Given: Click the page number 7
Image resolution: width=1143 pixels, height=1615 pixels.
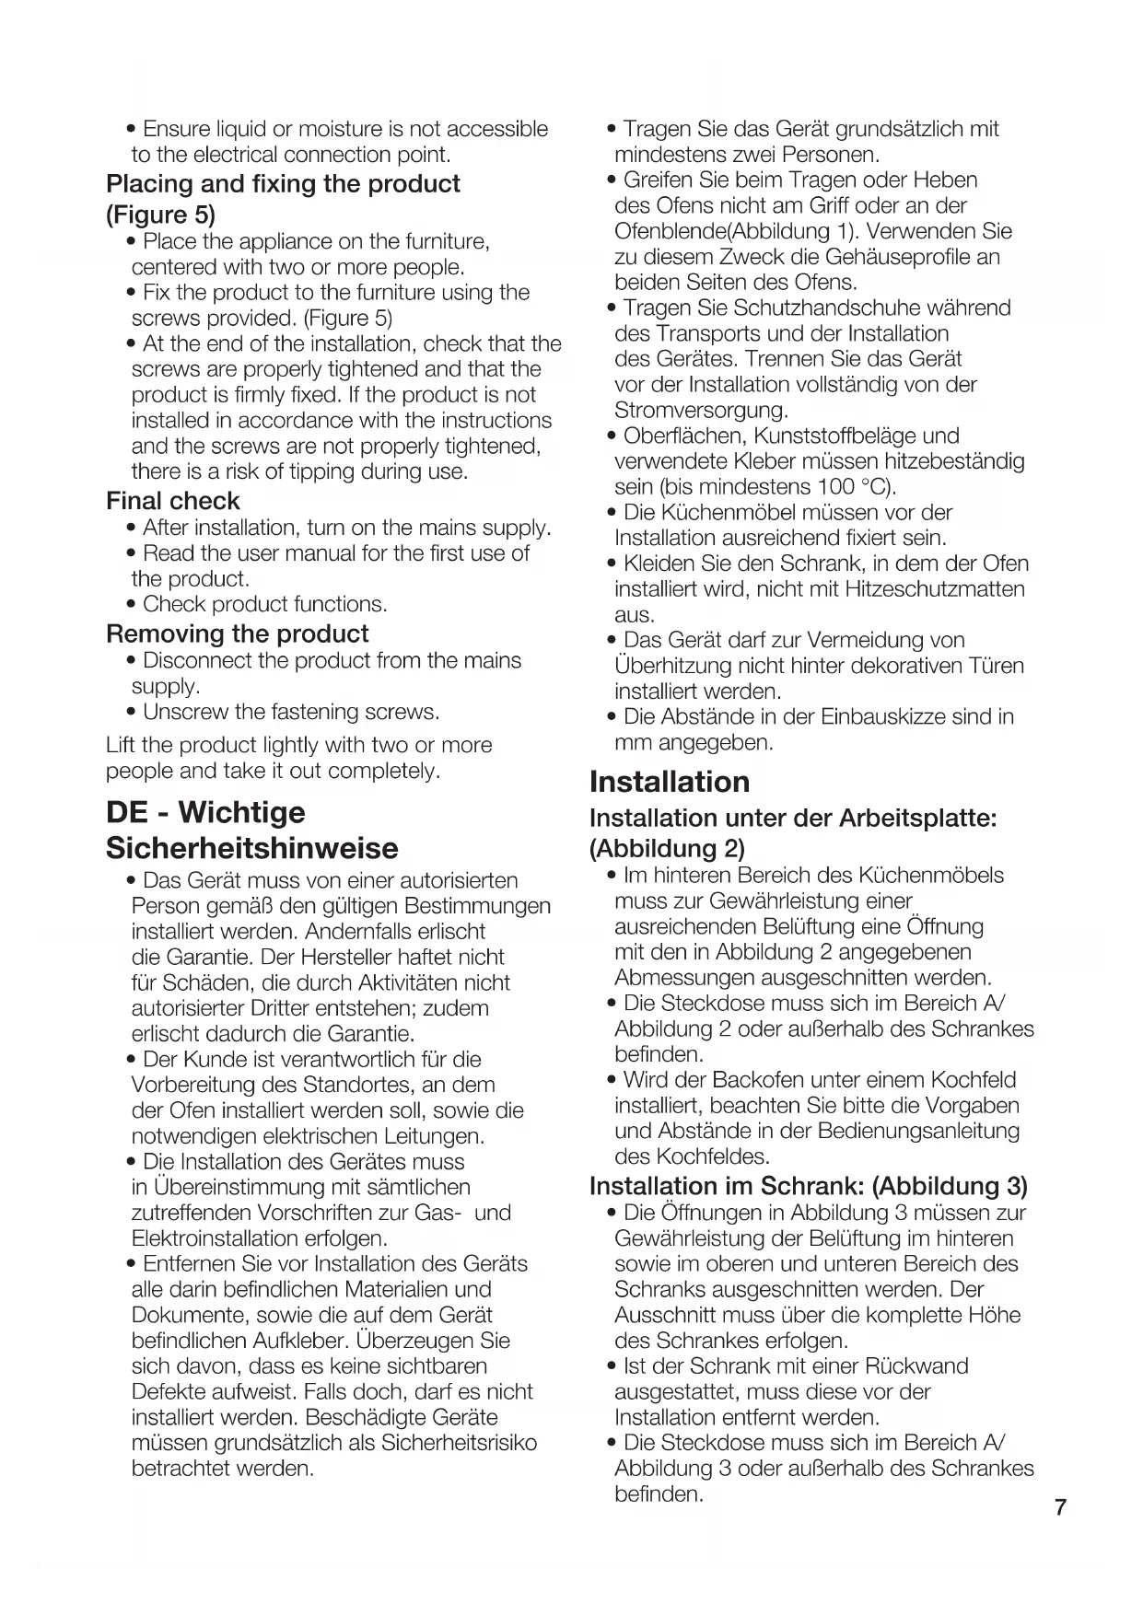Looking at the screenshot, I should pyautogui.click(x=1060, y=1507).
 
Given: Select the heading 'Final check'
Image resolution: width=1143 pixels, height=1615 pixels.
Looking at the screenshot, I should pyautogui.click(x=172, y=501).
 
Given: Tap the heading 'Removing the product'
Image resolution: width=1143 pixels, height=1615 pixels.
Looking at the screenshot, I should pyautogui.click(x=237, y=633).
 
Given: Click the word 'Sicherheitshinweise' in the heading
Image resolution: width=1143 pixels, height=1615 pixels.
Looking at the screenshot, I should pyautogui.click(x=251, y=848).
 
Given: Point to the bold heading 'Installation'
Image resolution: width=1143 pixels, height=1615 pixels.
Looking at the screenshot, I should pyautogui.click(x=669, y=782).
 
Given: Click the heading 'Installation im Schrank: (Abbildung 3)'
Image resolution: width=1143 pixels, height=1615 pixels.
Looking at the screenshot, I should pyautogui.click(x=808, y=1186).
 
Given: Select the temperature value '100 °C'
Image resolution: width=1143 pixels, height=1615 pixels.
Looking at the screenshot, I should pyautogui.click(x=855, y=486).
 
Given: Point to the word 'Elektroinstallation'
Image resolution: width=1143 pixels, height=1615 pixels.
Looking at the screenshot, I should pyautogui.click(x=222, y=1238).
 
